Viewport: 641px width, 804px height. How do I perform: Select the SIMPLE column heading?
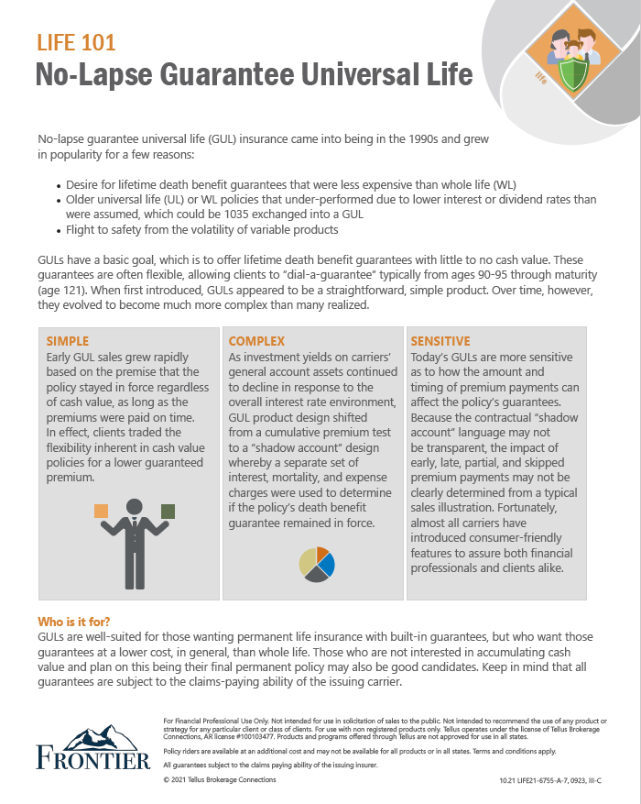tap(68, 341)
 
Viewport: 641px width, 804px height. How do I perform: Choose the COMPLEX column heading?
tap(256, 341)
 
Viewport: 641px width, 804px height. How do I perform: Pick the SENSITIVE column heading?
tap(440, 341)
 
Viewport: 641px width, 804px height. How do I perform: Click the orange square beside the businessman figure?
tap(102, 511)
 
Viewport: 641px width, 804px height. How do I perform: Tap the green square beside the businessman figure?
tap(168, 511)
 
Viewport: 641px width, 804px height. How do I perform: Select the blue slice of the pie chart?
tap(326, 562)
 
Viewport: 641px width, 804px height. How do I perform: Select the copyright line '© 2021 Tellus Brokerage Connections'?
tap(219, 779)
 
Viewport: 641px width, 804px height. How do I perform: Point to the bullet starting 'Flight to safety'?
tap(202, 229)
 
